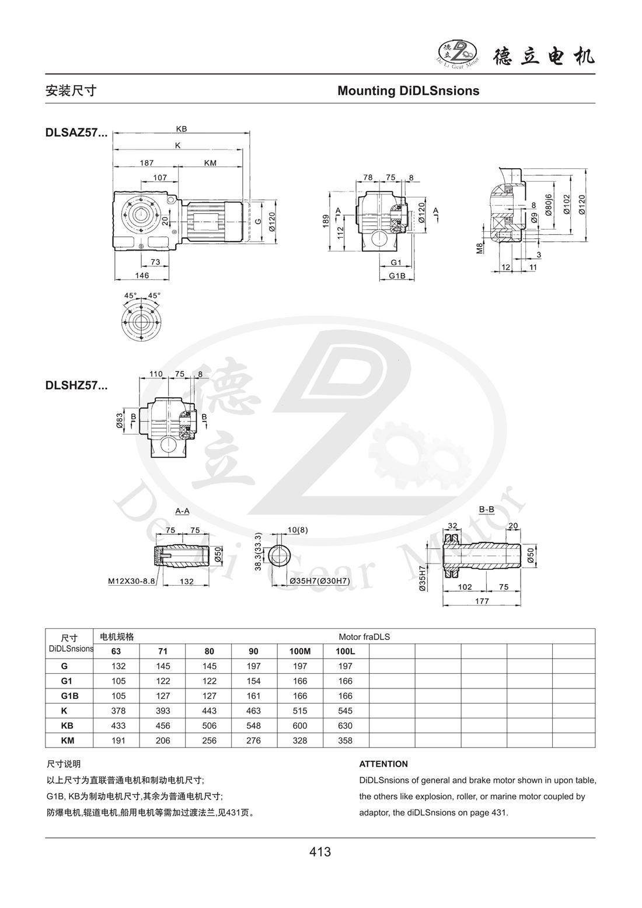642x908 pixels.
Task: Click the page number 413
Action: click(320, 851)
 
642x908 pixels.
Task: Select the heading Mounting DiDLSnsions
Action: click(408, 91)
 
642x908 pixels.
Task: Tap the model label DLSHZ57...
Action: click(76, 385)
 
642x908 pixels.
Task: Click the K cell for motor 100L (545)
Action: click(346, 711)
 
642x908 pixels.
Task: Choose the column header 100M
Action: click(300, 651)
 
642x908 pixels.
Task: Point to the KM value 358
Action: click(346, 740)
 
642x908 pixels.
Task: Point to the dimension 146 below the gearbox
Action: click(142, 275)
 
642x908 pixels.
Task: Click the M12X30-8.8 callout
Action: click(131, 582)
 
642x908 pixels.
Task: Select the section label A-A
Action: click(182, 511)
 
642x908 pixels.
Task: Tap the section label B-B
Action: click(487, 509)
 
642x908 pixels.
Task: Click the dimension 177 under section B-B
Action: click(481, 600)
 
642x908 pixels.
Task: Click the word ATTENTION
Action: click(383, 764)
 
